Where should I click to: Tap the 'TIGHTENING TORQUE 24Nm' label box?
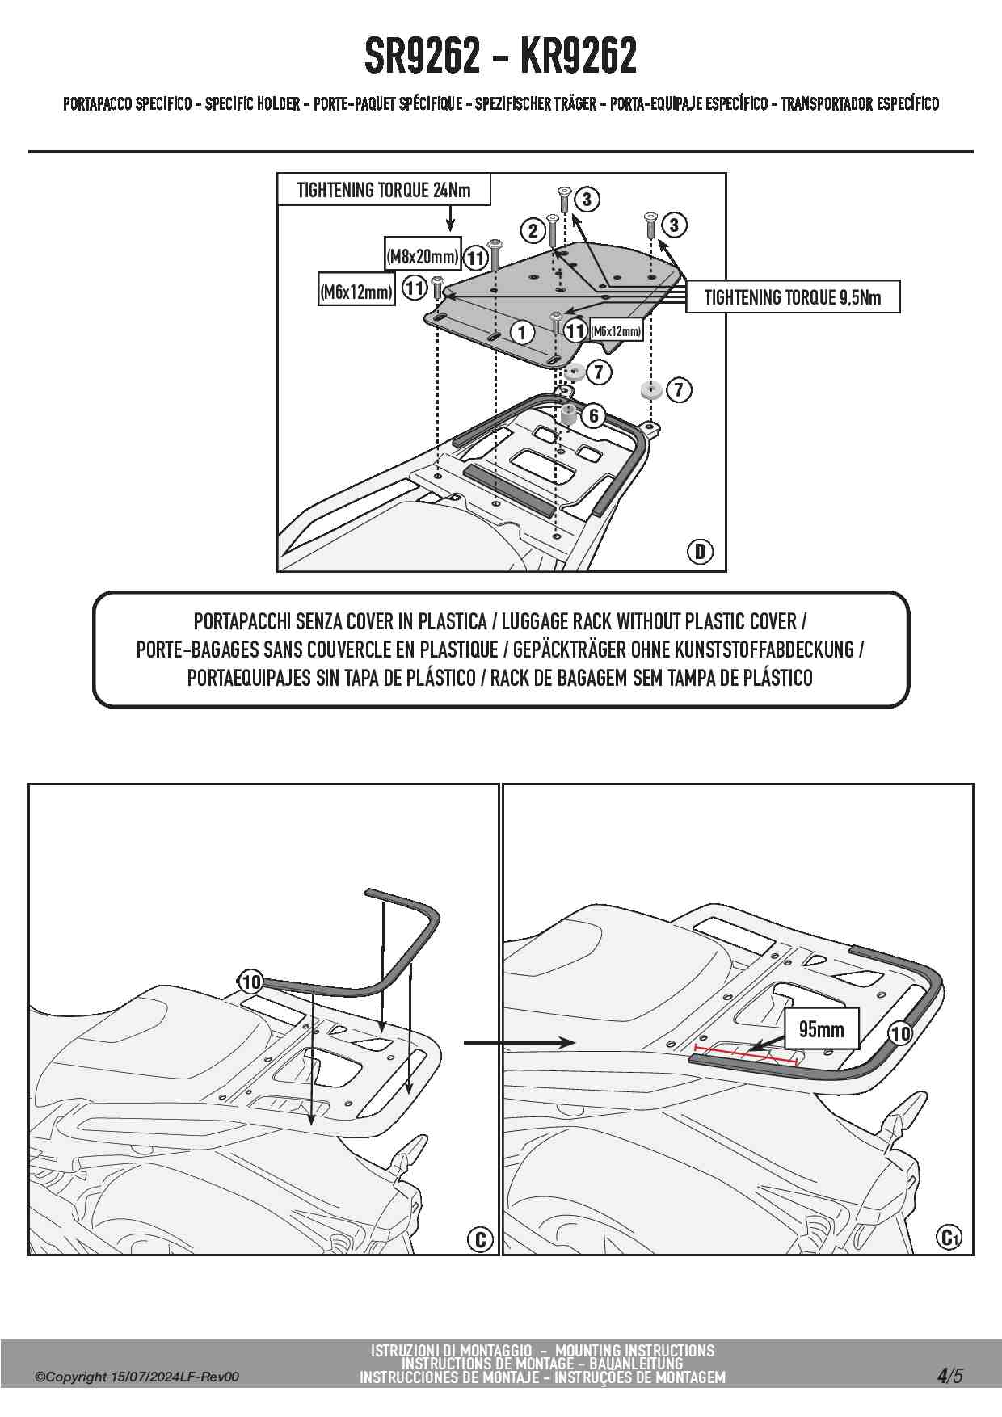point(383,191)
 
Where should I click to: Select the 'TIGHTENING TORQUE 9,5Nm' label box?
point(792,297)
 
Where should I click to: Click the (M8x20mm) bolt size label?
point(423,257)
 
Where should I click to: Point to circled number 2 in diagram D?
point(533,231)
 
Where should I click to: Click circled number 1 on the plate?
point(522,332)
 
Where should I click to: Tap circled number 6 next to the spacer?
point(594,415)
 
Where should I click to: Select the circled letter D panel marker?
point(700,552)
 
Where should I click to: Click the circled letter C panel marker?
point(480,1239)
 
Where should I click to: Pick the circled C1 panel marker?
point(949,1237)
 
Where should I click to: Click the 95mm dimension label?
point(821,1029)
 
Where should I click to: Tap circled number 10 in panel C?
point(250,982)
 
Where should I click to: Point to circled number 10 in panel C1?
point(899,1033)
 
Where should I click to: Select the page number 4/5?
point(950,1376)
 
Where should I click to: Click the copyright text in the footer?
point(137,1377)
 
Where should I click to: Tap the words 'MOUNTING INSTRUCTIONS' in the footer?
point(634,1350)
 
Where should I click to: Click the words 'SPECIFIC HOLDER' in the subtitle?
point(252,104)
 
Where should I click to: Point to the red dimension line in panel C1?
point(745,1054)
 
